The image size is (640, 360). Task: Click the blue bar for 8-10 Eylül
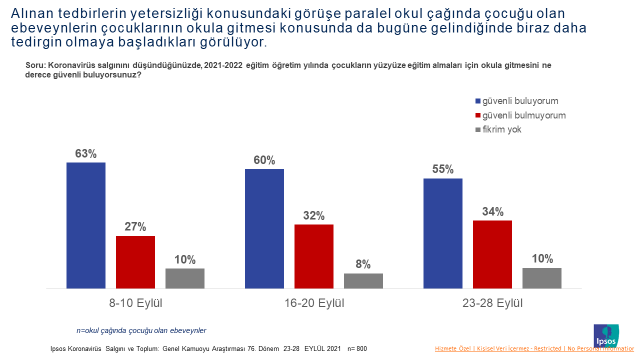pyautogui.click(x=86, y=225)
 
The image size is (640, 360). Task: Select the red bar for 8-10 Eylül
pyautogui.click(x=135, y=262)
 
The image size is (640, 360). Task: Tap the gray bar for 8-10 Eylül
pyautogui.click(x=184, y=278)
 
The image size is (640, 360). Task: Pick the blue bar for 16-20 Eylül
pyautogui.click(x=264, y=228)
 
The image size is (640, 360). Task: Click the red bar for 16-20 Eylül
pyautogui.click(x=313, y=256)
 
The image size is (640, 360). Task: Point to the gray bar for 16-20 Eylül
pyautogui.click(x=362, y=281)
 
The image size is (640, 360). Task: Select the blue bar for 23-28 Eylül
pyautogui.click(x=443, y=233)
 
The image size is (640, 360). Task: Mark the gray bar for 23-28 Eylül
pyautogui.click(x=541, y=278)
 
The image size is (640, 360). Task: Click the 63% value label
pyautogui.click(x=86, y=154)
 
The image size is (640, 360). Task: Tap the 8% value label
pyautogui.click(x=363, y=265)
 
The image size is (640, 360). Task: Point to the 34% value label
pyautogui.click(x=492, y=212)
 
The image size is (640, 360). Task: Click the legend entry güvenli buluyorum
pyautogui.click(x=520, y=102)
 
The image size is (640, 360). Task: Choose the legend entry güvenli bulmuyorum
pyautogui.click(x=522, y=116)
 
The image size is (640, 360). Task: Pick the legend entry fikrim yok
pyautogui.click(x=504, y=130)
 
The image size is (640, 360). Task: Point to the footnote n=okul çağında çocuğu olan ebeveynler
pyautogui.click(x=141, y=329)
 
